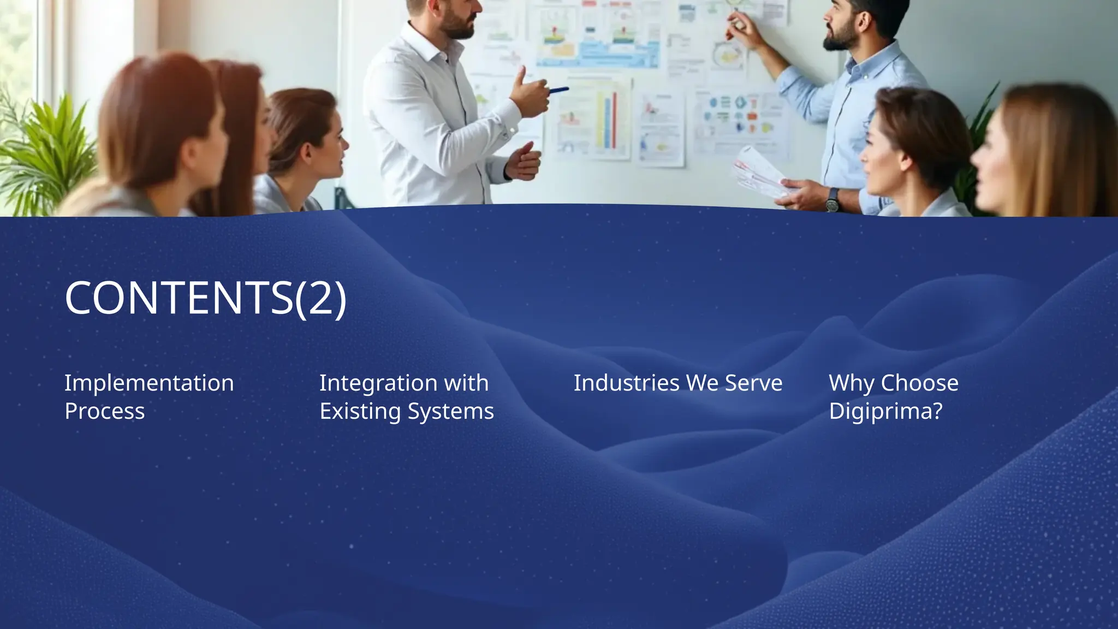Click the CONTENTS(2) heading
tap(205, 298)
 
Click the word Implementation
tap(149, 383)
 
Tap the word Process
tap(104, 411)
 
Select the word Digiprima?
tap(885, 411)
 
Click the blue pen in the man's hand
tap(558, 90)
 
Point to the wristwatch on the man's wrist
tap(832, 200)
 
